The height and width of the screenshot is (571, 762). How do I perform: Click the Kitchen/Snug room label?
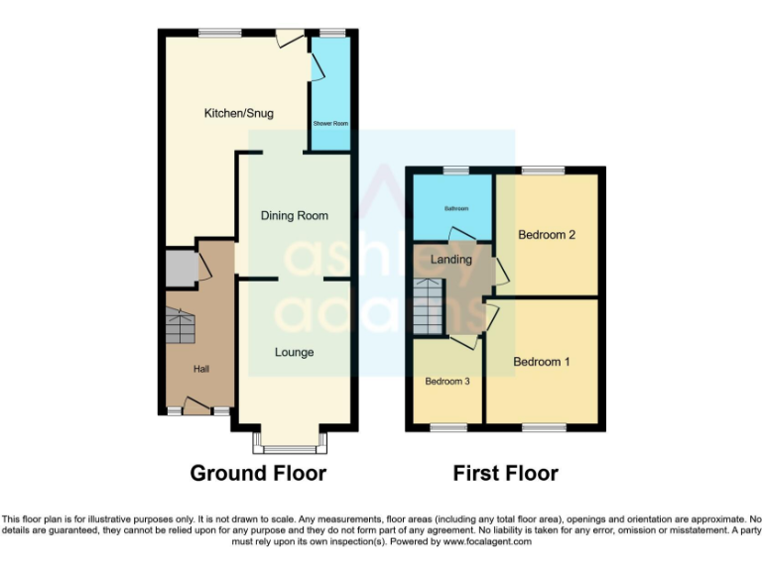tap(238, 114)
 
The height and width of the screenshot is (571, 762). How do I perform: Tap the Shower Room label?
tap(330, 123)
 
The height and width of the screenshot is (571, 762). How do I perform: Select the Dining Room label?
tap(294, 215)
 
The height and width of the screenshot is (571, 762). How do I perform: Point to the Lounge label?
tap(294, 352)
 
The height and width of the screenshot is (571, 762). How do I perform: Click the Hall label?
tap(201, 369)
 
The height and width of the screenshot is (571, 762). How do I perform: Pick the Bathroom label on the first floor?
tap(456, 208)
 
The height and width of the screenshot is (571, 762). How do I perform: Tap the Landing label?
tap(451, 260)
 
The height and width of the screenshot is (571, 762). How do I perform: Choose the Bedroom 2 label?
tap(547, 235)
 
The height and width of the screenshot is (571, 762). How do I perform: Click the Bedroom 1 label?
tap(542, 362)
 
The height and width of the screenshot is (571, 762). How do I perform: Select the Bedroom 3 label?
tap(447, 381)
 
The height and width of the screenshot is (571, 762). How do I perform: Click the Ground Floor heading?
tap(258, 473)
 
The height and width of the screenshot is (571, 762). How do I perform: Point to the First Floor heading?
tap(505, 473)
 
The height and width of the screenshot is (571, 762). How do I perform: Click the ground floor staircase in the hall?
tap(182, 326)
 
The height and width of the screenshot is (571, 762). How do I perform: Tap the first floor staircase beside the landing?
tap(429, 306)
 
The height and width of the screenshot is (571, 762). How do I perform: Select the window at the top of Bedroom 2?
tap(544, 171)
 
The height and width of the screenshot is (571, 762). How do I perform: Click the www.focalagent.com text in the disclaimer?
tap(486, 542)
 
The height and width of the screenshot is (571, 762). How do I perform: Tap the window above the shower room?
tap(330, 34)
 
